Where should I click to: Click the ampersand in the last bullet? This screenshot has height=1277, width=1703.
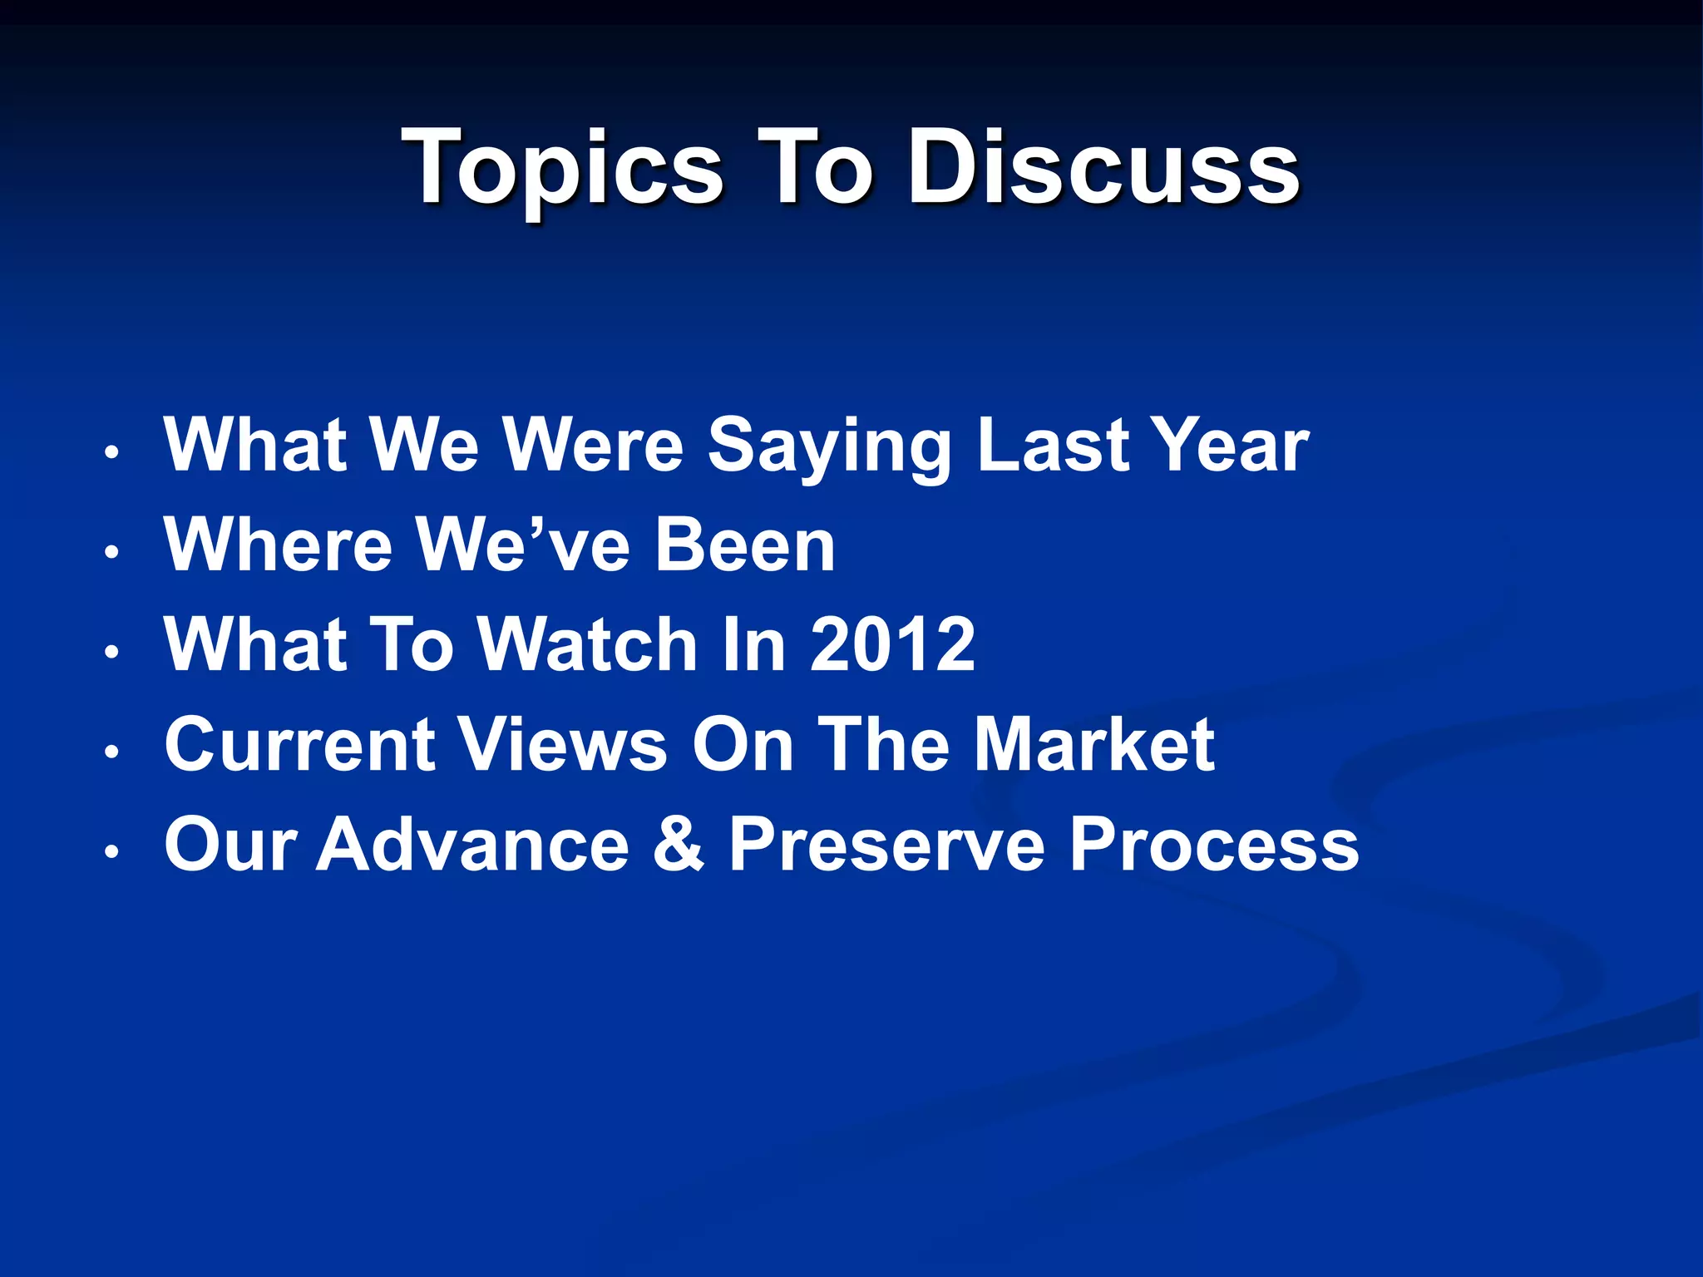tap(679, 844)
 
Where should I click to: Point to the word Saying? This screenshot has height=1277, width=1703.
tap(829, 446)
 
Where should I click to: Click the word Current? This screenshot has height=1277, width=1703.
tap(299, 744)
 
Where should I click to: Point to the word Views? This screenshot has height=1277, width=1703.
tap(564, 744)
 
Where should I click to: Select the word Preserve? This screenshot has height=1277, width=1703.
tap(886, 844)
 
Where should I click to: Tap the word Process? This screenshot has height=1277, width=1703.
tap(1214, 844)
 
